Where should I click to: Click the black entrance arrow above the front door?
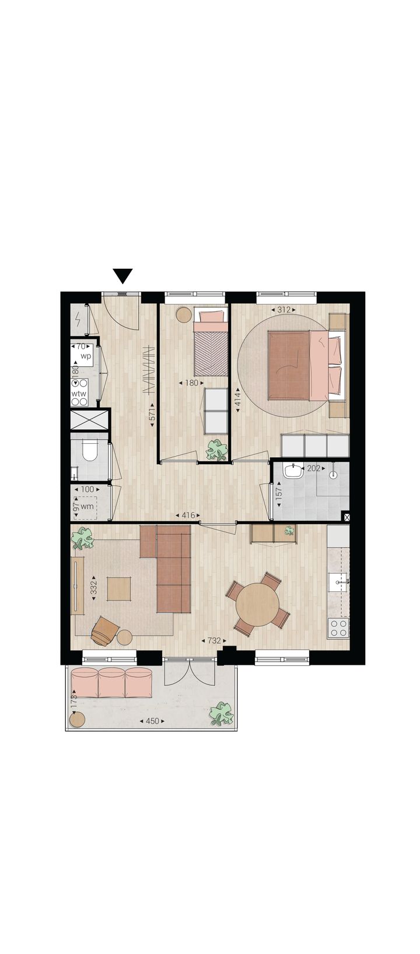tap(123, 276)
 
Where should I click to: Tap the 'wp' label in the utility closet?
tap(86, 356)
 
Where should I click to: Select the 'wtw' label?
tap(79, 394)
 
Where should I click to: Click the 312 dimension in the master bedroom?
tap(283, 310)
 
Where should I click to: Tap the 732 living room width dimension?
tap(214, 640)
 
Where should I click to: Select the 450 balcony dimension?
tap(152, 721)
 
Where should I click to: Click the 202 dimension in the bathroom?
tap(314, 468)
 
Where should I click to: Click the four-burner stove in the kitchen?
tap(338, 628)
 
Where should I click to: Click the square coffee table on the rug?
tap(118, 588)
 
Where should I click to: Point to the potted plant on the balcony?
tap(221, 713)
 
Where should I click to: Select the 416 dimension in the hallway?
tap(188, 515)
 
